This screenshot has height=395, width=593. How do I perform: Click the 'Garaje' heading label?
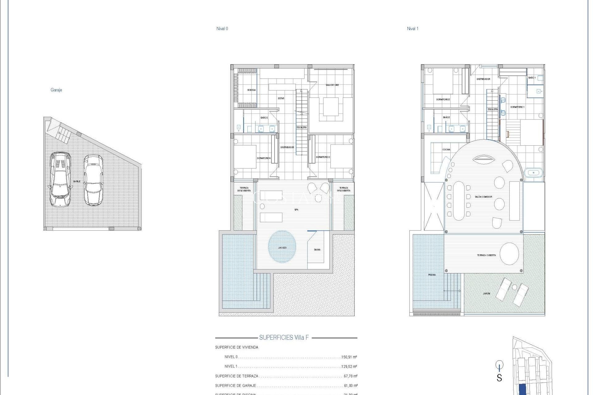(56, 90)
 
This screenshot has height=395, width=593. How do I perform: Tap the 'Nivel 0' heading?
(222, 28)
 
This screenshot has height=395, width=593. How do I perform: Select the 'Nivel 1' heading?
(412, 28)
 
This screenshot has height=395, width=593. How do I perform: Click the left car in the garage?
(60, 179)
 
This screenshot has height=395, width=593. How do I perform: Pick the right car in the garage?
(93, 180)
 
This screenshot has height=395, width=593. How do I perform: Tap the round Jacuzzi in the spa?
(282, 247)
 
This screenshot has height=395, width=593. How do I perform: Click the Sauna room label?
(317, 249)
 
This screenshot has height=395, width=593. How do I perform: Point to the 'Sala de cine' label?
(332, 85)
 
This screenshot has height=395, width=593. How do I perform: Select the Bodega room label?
(251, 90)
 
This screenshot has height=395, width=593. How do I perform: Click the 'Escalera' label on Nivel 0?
(301, 127)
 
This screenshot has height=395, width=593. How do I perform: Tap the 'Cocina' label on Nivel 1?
(446, 149)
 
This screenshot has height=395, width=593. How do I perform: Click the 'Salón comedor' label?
(483, 197)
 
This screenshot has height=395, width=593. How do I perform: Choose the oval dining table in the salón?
(459, 201)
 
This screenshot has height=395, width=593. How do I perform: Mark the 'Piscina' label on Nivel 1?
(432, 275)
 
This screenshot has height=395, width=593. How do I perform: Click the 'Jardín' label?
(486, 293)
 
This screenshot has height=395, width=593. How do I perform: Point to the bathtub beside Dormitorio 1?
(533, 173)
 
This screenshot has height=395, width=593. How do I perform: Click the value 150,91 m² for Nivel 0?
(349, 357)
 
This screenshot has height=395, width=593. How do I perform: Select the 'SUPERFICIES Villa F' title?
(284, 337)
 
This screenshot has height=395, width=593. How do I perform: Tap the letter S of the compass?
(499, 378)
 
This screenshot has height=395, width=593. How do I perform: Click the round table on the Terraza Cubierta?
(509, 254)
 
